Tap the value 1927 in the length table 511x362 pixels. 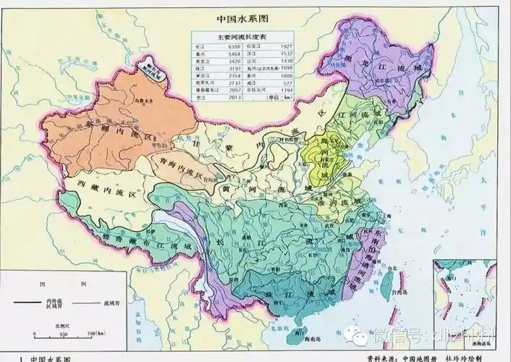[286, 46]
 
